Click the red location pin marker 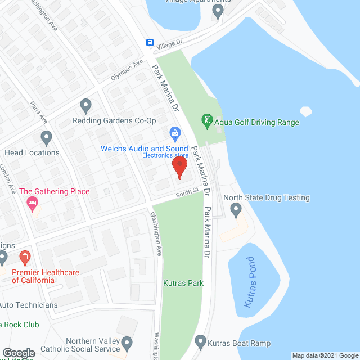coord(179,167)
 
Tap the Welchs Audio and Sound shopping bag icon coord(175,133)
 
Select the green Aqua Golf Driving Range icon coord(207,120)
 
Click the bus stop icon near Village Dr coord(150,43)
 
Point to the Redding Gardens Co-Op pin coord(85,105)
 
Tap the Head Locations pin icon coord(46,137)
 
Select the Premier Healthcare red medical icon coord(24,258)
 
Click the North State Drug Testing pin coord(236,210)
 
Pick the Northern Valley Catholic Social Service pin coord(127,343)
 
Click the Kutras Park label coord(183,283)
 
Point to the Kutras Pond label coord(250,282)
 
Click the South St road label coord(187,192)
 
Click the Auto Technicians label coord(28,305)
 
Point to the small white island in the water coord(307,111)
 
